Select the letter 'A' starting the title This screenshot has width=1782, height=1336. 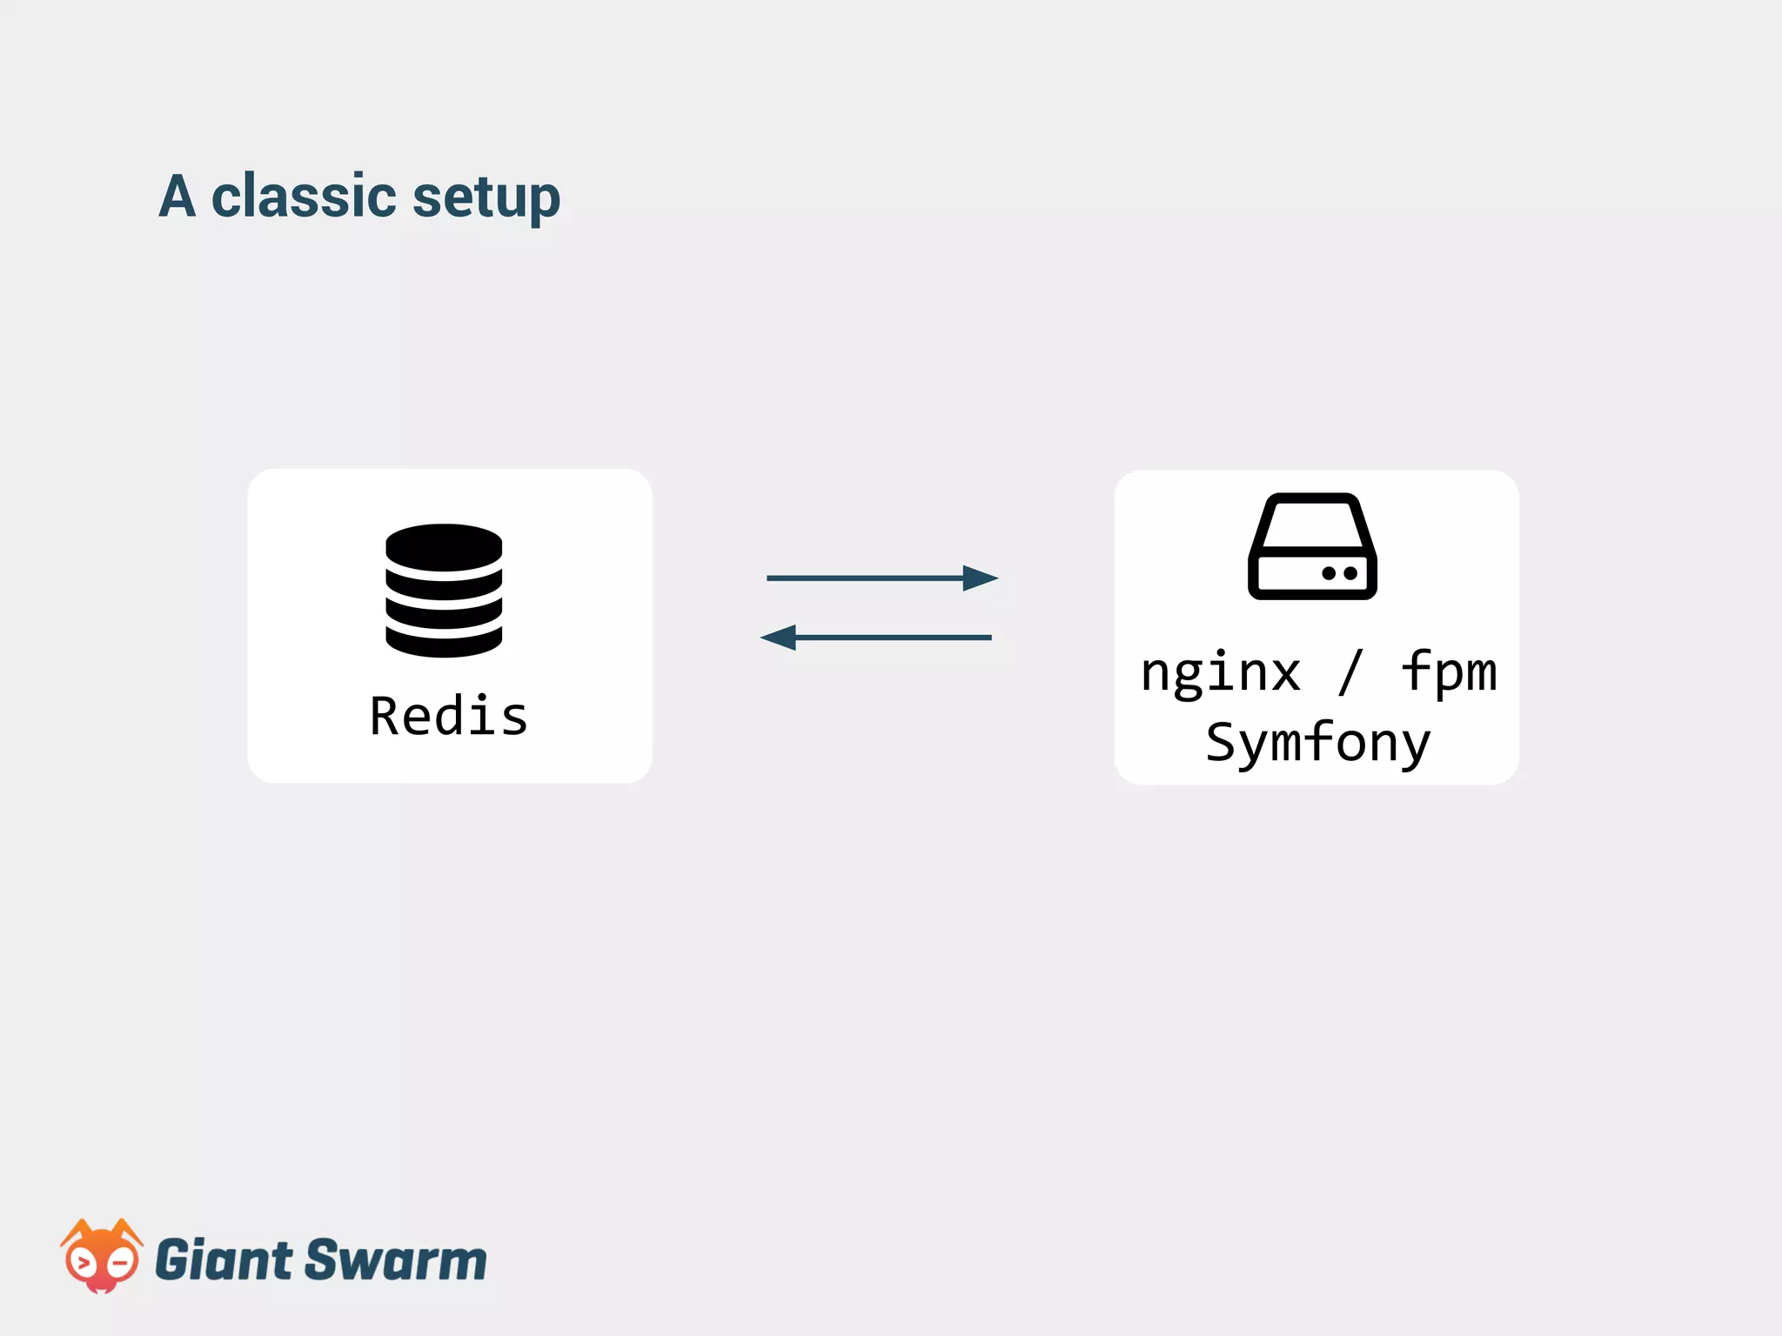pyautogui.click(x=178, y=197)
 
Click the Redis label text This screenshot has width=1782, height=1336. pyautogui.click(x=449, y=717)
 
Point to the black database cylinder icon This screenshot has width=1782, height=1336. pyautogui.click(x=444, y=591)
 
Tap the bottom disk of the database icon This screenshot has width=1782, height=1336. pyautogui.click(x=444, y=642)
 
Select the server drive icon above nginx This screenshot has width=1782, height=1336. pyautogui.click(x=1312, y=545)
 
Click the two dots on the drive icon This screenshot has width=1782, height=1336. pyautogui.click(x=1339, y=573)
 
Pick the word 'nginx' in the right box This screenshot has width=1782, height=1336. pyautogui.click(x=1221, y=672)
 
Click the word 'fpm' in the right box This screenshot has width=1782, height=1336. pyautogui.click(x=1449, y=672)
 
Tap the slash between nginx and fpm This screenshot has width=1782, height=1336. pyautogui.click(x=1350, y=672)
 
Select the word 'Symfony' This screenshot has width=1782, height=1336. pyautogui.click(x=1317, y=743)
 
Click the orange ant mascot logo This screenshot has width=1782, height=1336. pyautogui.click(x=101, y=1257)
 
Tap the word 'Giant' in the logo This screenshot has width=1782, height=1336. pyautogui.click(x=224, y=1260)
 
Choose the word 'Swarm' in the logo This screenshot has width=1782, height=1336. pyautogui.click(x=396, y=1260)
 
